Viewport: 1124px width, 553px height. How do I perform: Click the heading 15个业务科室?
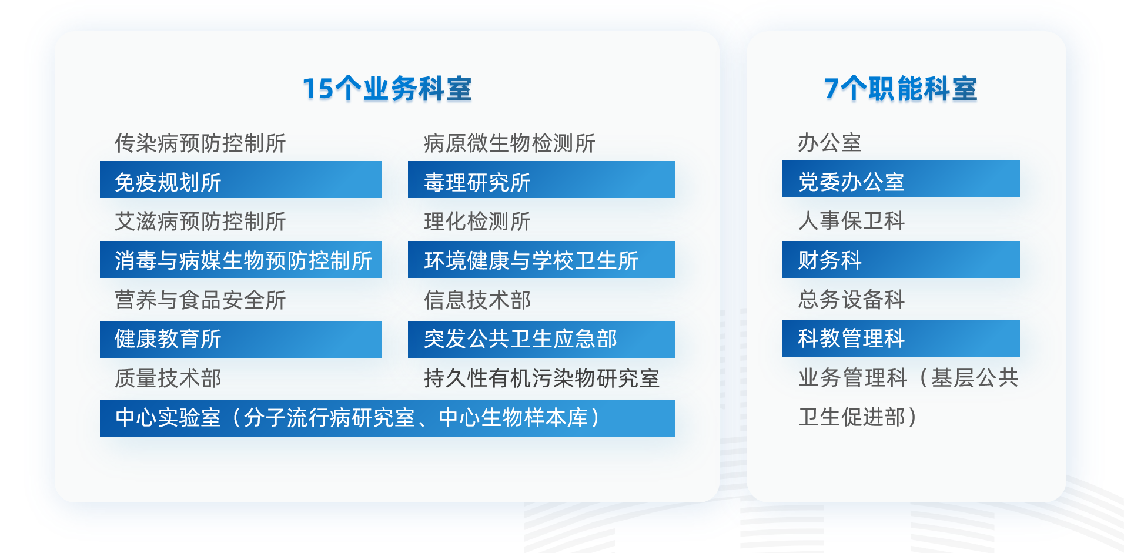pyautogui.click(x=387, y=89)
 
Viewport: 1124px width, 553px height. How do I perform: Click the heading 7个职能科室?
pyautogui.click(x=900, y=89)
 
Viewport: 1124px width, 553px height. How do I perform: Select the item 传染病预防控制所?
pyautogui.click(x=200, y=143)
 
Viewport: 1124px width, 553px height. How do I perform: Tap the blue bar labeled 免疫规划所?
pyautogui.click(x=240, y=180)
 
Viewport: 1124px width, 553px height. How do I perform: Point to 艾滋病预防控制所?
pyautogui.click(x=200, y=222)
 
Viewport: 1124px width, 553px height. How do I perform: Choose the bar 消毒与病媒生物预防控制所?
pyautogui.click(x=240, y=260)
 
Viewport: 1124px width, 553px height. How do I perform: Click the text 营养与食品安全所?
pyautogui.click(x=200, y=300)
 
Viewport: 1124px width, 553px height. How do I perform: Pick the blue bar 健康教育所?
pyautogui.click(x=240, y=339)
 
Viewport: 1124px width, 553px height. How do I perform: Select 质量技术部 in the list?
pyautogui.click(x=168, y=378)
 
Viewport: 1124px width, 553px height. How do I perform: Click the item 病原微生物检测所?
pyautogui.click(x=509, y=143)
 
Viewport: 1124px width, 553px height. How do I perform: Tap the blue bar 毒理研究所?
pyautogui.click(x=541, y=180)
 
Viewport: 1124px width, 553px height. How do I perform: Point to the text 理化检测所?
pyautogui.click(x=477, y=222)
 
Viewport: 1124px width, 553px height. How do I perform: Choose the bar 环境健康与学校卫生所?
pyautogui.click(x=541, y=260)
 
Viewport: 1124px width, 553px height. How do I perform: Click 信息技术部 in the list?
pyautogui.click(x=477, y=300)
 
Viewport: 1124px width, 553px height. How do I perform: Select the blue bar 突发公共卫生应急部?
pyautogui.click(x=541, y=339)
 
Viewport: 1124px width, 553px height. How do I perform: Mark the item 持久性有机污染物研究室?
pyautogui.click(x=541, y=378)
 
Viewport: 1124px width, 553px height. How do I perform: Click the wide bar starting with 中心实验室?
pyautogui.click(x=387, y=418)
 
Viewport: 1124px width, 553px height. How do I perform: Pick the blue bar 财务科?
pyautogui.click(x=900, y=259)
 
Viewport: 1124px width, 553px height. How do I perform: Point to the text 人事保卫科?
pyautogui.click(x=851, y=221)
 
